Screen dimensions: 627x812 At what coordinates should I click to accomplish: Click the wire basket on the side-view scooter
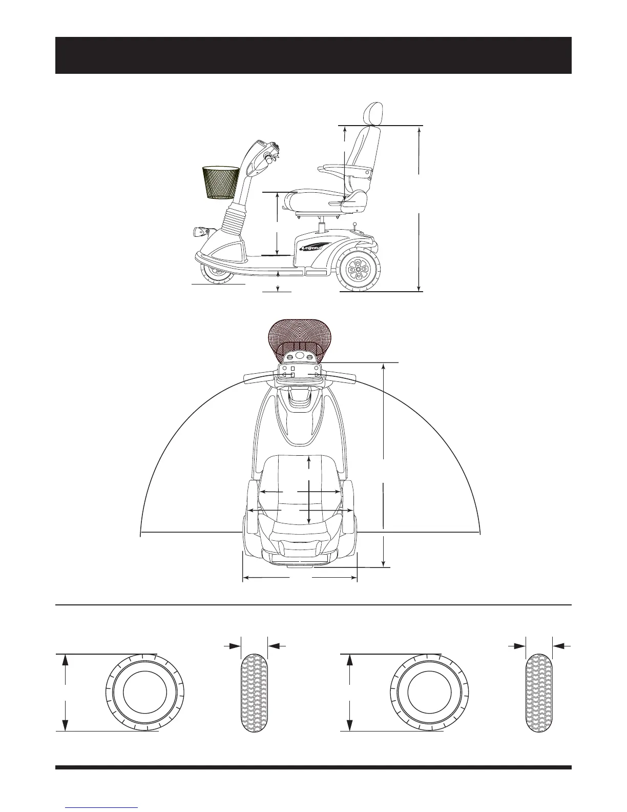pos(221,182)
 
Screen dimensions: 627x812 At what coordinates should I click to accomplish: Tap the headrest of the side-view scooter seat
pos(372,114)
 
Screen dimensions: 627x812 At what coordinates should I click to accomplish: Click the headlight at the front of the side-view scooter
pos(200,232)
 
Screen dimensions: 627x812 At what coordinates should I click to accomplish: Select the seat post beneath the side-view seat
pos(322,226)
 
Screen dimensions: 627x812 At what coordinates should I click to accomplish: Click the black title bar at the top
pos(313,55)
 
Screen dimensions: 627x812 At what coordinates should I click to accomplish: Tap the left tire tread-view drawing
pos(254,693)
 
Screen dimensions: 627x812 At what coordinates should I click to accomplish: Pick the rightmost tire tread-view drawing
pos(539,693)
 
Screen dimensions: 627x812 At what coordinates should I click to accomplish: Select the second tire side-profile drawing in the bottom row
pos(430,693)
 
